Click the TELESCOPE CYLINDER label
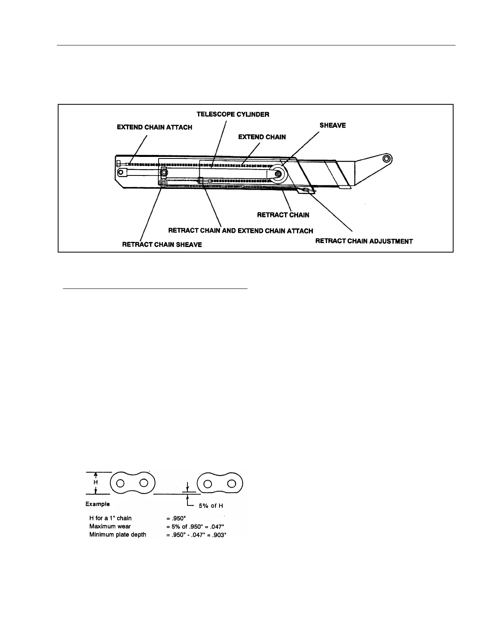point(233,115)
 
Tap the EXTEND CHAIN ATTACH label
point(154,127)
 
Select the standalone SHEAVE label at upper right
point(333,125)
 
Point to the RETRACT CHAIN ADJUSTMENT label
point(364,241)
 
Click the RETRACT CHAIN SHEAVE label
point(162,245)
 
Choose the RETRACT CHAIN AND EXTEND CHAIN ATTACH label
point(240,231)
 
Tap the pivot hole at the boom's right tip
point(387,159)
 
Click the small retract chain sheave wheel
point(163,183)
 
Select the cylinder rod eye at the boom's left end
point(122,172)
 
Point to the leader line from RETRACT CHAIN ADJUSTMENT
point(332,211)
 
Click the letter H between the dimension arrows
point(95,483)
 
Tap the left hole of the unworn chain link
point(121,483)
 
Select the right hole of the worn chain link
point(233,484)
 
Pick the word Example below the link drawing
point(97,504)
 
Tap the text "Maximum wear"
point(110,526)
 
